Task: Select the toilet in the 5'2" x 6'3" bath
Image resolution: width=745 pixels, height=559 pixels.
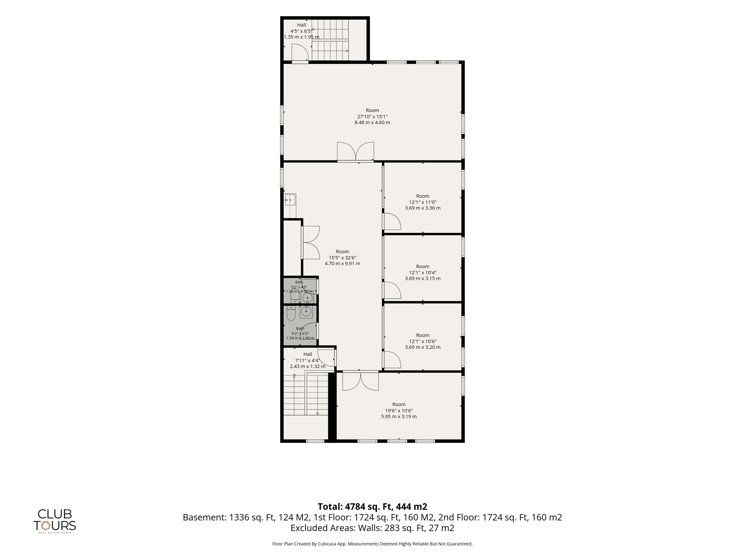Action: [x=291, y=313]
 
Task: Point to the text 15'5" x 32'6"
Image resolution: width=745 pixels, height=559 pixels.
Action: [x=342, y=257]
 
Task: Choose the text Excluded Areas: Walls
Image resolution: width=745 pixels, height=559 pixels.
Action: [x=323, y=528]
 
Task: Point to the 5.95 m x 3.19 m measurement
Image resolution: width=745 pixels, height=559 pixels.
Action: [x=399, y=417]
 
